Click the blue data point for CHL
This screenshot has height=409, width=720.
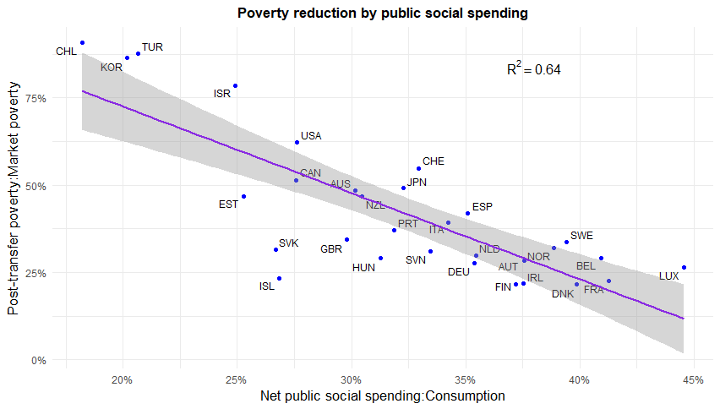point(82,43)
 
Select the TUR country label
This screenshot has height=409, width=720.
point(152,47)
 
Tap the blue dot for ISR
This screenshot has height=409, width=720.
point(235,86)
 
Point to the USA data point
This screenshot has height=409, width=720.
point(297,142)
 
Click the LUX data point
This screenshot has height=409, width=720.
point(685,267)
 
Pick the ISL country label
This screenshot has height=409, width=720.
point(267,286)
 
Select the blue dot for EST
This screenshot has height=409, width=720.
point(244,196)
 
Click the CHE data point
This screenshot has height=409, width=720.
point(419,168)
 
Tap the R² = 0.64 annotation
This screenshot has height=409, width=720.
point(533,68)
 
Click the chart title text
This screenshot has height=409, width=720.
point(383,13)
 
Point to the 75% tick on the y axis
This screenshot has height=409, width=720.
point(35,99)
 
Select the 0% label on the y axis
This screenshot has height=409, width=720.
point(39,360)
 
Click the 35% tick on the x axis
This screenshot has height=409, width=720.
point(465,380)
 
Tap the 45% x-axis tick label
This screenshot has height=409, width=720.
point(693,380)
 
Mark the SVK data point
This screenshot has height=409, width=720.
point(276,250)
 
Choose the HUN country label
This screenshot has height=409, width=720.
point(363,268)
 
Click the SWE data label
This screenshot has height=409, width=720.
point(581,236)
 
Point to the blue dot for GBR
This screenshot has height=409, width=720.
point(346,240)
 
